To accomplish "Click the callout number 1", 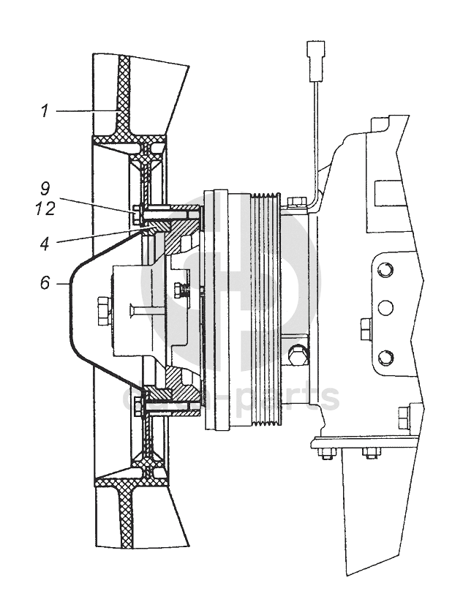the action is (x=45, y=111).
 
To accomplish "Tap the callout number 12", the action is (x=45, y=209).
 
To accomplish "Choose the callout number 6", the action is (x=45, y=282).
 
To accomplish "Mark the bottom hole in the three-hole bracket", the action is (x=385, y=358).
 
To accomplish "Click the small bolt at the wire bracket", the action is (x=295, y=202).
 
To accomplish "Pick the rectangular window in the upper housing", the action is (x=385, y=192).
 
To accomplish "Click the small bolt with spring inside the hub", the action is (x=183, y=290).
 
